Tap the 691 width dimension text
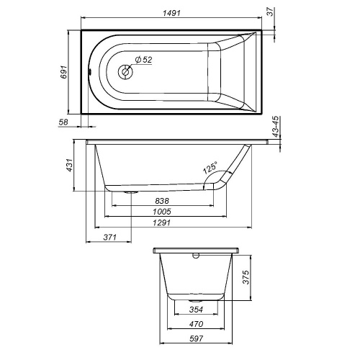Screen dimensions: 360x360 click(x=65, y=72)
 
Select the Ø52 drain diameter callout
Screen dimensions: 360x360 click(x=143, y=60)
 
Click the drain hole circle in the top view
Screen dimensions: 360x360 click(x=125, y=71)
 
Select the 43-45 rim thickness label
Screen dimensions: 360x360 click(x=277, y=128)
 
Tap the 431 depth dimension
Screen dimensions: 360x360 click(x=70, y=166)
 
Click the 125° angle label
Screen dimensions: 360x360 click(x=210, y=168)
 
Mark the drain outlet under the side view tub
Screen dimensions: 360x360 click(x=132, y=192)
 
